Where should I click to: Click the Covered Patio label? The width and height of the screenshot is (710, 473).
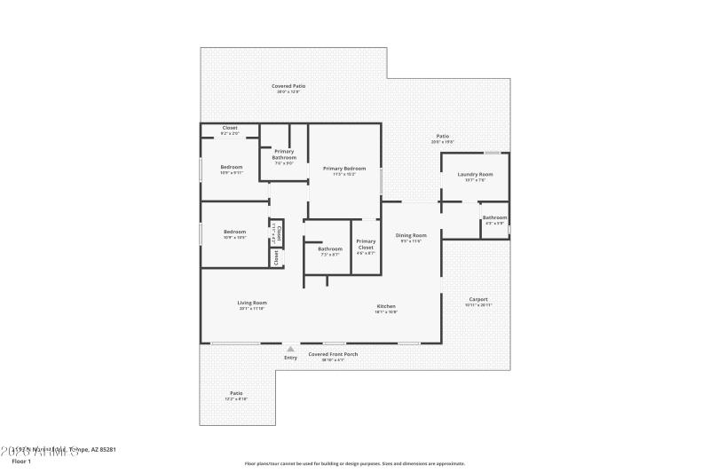pyautogui.click(x=288, y=86)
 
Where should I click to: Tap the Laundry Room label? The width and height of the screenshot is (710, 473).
pyautogui.click(x=475, y=174)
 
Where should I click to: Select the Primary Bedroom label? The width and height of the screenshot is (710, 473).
pyautogui.click(x=344, y=168)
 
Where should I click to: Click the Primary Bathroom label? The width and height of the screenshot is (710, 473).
pyautogui.click(x=284, y=154)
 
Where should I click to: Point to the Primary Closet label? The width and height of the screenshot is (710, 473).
pyautogui.click(x=366, y=244)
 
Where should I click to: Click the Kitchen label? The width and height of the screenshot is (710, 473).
pyautogui.click(x=386, y=306)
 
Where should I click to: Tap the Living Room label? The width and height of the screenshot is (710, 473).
pyautogui.click(x=252, y=303)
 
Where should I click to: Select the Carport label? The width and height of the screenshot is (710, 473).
pyautogui.click(x=477, y=299)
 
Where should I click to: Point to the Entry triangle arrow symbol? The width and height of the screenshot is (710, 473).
pyautogui.click(x=290, y=349)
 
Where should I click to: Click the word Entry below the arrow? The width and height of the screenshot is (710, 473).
pyautogui.click(x=290, y=358)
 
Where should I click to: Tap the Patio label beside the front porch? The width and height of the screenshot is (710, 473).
pyautogui.click(x=236, y=393)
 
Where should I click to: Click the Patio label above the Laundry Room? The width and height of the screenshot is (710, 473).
pyautogui.click(x=442, y=136)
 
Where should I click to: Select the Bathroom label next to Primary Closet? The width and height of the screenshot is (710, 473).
pyautogui.click(x=330, y=248)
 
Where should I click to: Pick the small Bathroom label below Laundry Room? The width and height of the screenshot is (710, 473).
pyautogui.click(x=494, y=217)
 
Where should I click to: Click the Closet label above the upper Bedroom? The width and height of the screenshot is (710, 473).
pyautogui.click(x=230, y=128)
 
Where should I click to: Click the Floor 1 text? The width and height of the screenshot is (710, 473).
pyautogui.click(x=21, y=461)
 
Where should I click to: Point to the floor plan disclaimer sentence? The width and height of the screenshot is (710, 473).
pyautogui.click(x=354, y=463)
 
